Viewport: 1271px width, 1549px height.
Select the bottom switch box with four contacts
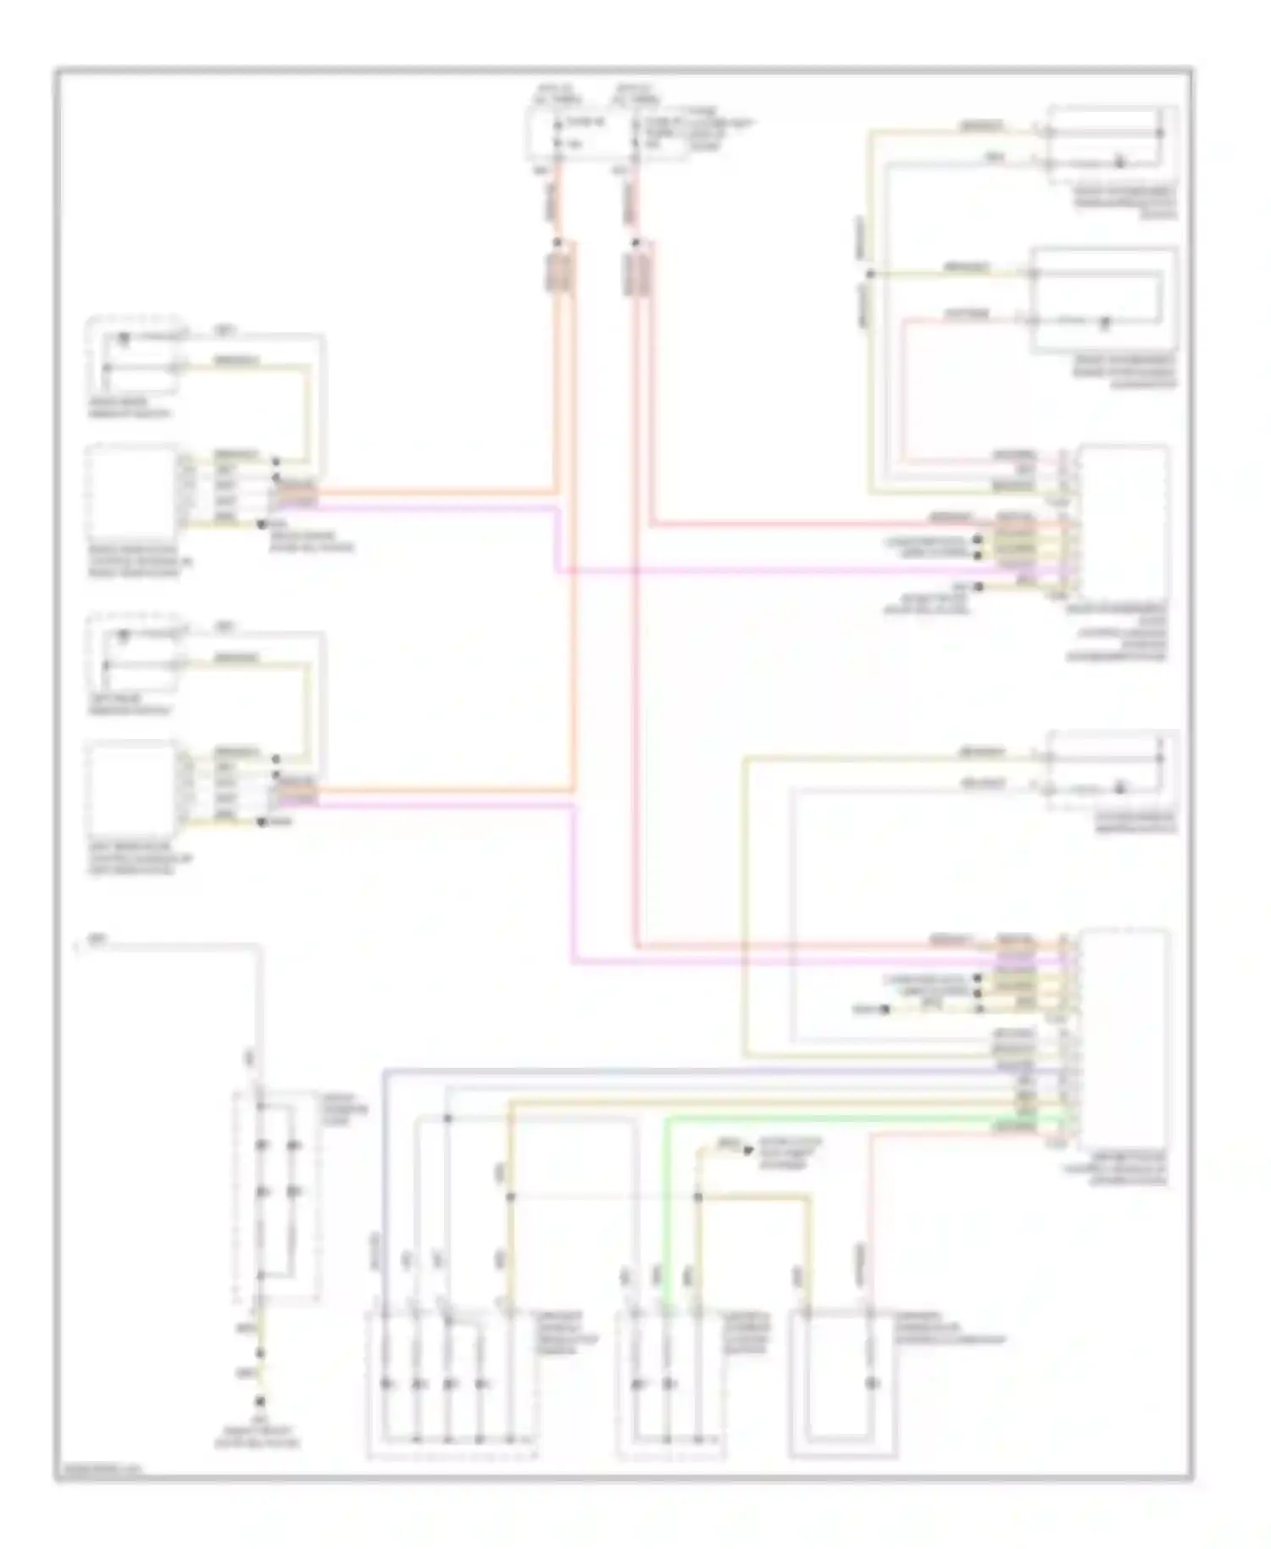(452, 1385)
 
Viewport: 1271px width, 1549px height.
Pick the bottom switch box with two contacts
(670, 1385)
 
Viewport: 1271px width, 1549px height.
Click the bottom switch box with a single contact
(842, 1385)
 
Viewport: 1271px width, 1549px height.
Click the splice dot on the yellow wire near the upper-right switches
(869, 274)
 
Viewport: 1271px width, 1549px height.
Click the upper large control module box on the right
(1124, 521)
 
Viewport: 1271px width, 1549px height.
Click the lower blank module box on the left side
(132, 788)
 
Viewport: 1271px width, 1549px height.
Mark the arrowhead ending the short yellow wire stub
(747, 1150)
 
